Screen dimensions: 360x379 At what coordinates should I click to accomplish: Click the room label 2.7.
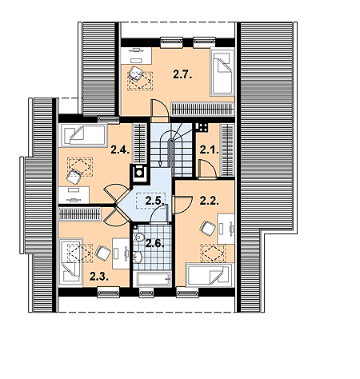click(x=182, y=74)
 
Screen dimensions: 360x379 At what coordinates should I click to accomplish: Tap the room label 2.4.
click(x=120, y=150)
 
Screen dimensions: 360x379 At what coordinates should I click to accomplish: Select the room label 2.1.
click(x=210, y=150)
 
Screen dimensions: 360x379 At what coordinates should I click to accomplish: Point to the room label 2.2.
click(x=210, y=201)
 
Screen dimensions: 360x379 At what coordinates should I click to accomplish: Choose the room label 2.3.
click(x=99, y=277)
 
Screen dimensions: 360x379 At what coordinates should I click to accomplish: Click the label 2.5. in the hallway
click(x=154, y=201)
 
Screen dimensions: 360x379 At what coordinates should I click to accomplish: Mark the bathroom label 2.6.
click(x=154, y=243)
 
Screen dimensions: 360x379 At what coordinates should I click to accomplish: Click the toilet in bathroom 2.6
click(x=138, y=237)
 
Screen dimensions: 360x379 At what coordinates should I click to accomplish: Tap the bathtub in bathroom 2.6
click(x=154, y=279)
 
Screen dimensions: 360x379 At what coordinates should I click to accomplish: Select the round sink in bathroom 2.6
click(x=138, y=257)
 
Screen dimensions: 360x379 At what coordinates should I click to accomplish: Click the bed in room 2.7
click(x=222, y=71)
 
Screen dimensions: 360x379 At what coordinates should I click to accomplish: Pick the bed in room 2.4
click(x=84, y=135)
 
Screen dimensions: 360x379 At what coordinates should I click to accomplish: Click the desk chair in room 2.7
click(x=135, y=74)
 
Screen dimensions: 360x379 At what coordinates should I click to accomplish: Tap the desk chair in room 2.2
click(x=207, y=229)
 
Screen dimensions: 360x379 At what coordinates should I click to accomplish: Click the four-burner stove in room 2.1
click(x=202, y=127)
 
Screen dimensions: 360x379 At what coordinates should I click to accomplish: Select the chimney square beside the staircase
click(x=139, y=173)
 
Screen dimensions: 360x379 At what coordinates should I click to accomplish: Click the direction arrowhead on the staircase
click(x=160, y=164)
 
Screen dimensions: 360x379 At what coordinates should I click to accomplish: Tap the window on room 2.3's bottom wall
click(x=108, y=293)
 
